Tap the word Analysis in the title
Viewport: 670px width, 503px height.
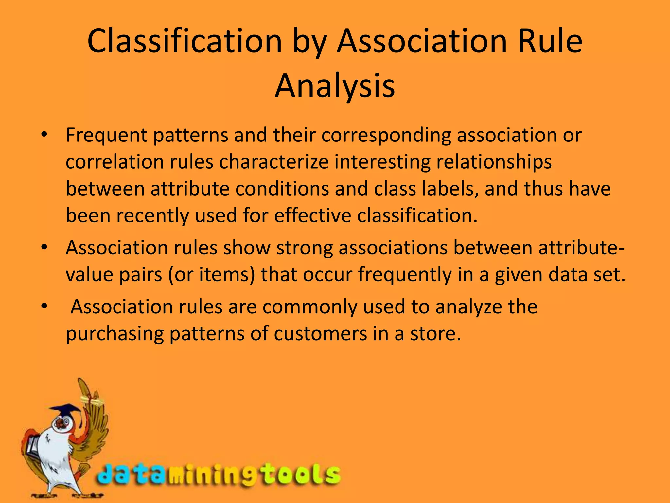pos(335,86)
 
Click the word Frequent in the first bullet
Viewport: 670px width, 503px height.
pos(106,135)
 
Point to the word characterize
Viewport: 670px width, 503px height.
pos(274,162)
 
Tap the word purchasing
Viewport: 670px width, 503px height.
pos(115,334)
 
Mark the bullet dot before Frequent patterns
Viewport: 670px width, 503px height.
pos(44,135)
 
